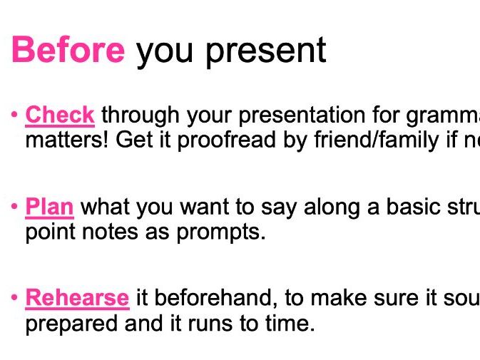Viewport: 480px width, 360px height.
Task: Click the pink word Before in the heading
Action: pos(68,51)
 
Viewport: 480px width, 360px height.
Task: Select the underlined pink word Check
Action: pos(60,115)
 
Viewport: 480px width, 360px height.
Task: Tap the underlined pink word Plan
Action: pos(49,207)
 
